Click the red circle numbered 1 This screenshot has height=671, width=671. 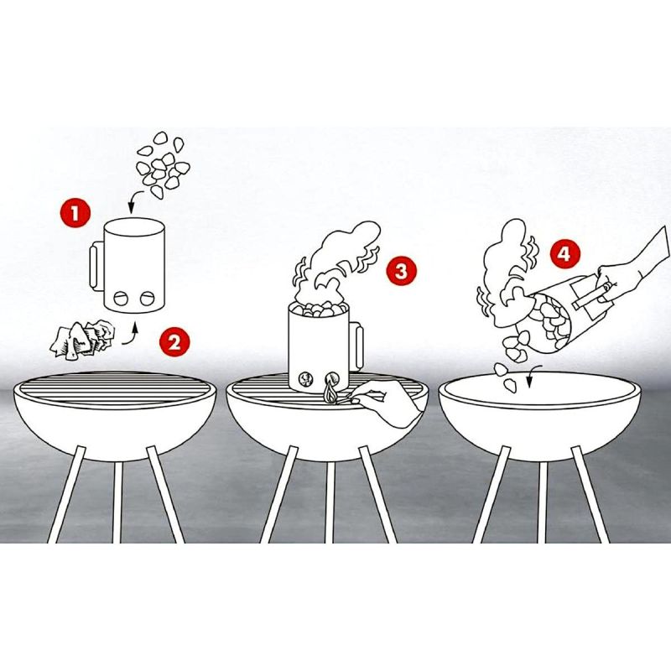point(75,212)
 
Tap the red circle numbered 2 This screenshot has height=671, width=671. point(174,341)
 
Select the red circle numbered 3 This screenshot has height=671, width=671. point(402,271)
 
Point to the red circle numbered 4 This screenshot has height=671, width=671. point(564,254)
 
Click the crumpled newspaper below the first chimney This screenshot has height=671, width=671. point(82,339)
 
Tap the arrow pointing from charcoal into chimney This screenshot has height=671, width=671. point(136,200)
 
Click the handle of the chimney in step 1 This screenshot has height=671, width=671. point(96,266)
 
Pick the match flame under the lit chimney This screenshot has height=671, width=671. point(330,393)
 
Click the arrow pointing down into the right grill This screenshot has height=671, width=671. point(533,375)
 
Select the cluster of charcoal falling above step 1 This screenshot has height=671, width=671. point(163,164)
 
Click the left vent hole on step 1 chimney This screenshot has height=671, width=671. point(121,298)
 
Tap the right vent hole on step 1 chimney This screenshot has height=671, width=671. point(148,298)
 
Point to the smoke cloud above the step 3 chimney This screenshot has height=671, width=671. point(338,261)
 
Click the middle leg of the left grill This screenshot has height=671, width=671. point(117,502)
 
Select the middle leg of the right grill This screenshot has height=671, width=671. point(542,502)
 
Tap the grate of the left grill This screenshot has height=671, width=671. point(114,388)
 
